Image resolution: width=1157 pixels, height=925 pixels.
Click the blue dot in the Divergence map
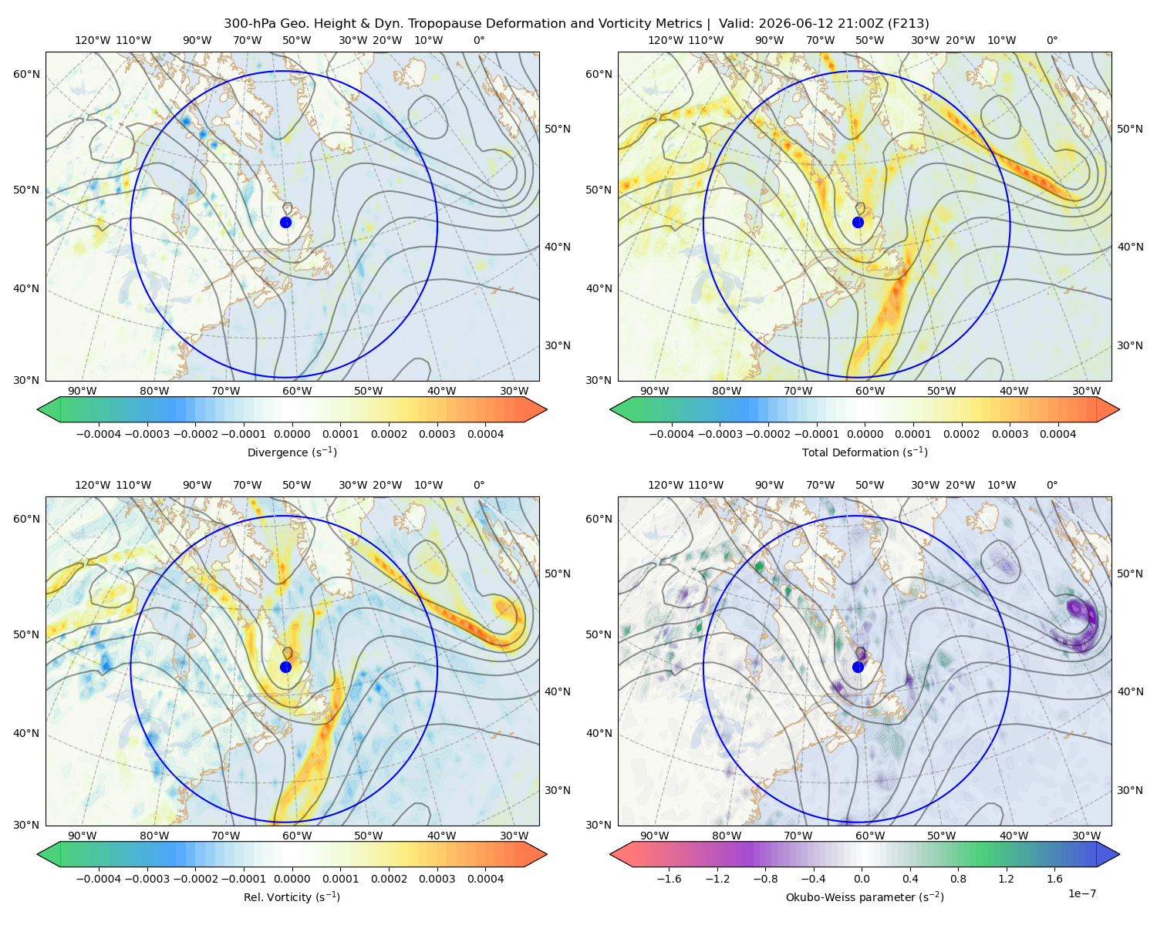[285, 222]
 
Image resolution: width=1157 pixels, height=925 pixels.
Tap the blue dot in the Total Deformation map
[858, 222]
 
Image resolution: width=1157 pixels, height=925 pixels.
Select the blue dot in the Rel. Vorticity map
[285, 667]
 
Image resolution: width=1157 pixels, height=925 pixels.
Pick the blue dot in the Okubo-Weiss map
[858, 667]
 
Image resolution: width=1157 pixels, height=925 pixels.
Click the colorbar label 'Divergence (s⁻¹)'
[292, 452]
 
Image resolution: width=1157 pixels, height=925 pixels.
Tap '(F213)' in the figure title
[909, 24]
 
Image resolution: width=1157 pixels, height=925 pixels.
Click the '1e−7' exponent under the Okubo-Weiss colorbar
[1081, 893]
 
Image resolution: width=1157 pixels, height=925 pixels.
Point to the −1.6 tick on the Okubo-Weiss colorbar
[670, 879]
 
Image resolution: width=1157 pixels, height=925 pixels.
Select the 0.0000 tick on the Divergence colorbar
[292, 434]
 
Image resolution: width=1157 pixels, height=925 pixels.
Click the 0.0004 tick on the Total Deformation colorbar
[1058, 434]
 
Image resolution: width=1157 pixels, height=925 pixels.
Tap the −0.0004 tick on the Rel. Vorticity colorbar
[99, 879]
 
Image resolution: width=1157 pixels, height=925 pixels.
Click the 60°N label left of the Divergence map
[26, 74]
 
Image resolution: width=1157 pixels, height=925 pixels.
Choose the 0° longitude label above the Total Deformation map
[1052, 40]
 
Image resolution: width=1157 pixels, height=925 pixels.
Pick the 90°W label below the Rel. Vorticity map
[83, 836]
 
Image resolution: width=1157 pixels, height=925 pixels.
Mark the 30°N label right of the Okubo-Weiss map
[1129, 790]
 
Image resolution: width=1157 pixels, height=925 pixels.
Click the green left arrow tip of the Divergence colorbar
[38, 409]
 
